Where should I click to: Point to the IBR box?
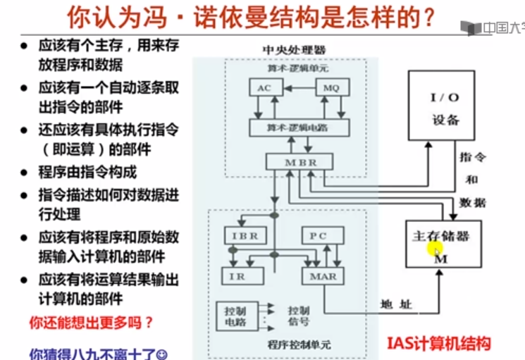tap(242, 235)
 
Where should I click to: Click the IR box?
tap(237, 276)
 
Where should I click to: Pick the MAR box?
tap(323, 276)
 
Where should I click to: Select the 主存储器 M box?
tap(441, 243)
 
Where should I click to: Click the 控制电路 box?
tap(235, 315)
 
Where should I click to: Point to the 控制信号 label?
tap(299, 316)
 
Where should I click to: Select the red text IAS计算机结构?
tap(438, 344)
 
